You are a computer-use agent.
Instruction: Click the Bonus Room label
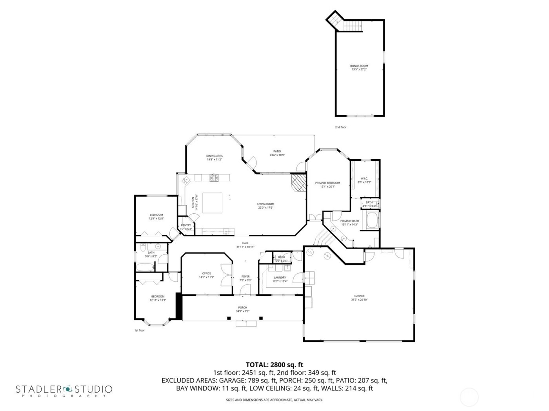click(359, 68)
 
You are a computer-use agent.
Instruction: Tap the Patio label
click(277, 153)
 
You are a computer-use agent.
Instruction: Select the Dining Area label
click(215, 157)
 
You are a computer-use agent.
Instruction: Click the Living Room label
click(265, 205)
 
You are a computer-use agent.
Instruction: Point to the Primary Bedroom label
click(327, 184)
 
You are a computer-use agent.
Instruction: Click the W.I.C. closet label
click(364, 180)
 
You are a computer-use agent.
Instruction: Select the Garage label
click(359, 297)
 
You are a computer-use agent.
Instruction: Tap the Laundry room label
click(280, 279)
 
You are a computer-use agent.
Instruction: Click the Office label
click(206, 275)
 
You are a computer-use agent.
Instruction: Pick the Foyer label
click(245, 278)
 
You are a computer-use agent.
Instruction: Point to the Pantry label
click(186, 227)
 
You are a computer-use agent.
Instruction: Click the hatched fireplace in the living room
click(299, 182)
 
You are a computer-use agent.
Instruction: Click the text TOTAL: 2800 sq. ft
click(274, 365)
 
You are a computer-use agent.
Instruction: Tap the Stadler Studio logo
click(64, 390)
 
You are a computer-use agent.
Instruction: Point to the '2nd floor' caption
click(340, 127)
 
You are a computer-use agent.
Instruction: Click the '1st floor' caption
click(139, 330)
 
